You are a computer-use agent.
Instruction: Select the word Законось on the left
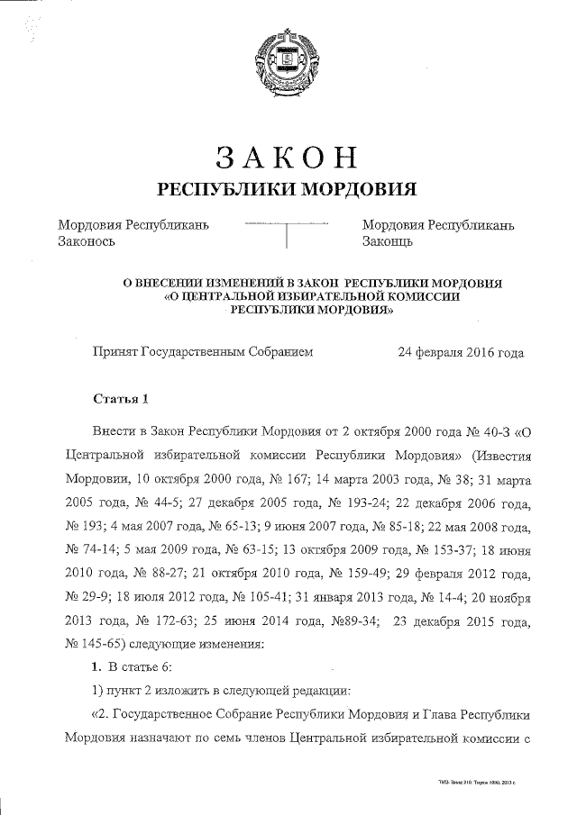click(x=87, y=241)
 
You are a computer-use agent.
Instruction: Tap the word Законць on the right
click(x=388, y=241)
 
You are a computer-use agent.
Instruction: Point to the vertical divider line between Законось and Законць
click(x=286, y=234)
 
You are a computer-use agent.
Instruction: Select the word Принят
click(x=114, y=353)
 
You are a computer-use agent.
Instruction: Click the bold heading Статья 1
click(x=121, y=398)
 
